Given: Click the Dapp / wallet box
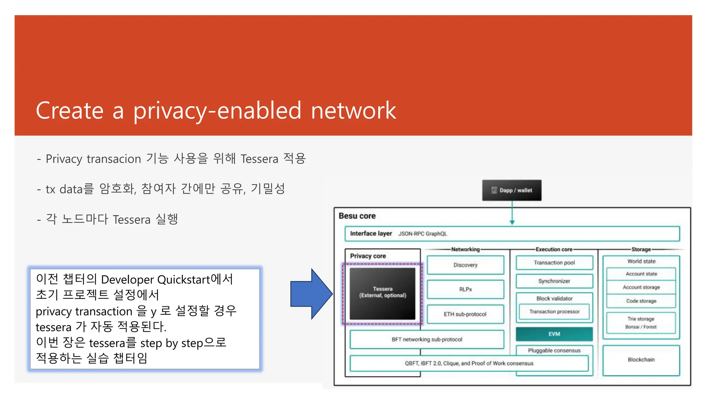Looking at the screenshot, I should pos(512,190).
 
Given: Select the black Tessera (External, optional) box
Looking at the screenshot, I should pos(382,293).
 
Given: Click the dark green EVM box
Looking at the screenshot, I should pos(554,334).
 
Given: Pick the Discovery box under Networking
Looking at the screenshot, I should pos(465,265).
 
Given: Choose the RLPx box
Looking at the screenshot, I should pos(465,289).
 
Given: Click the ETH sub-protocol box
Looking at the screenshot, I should pos(465,314).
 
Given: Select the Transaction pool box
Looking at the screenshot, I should pos(554,263).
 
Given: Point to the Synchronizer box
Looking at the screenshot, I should pos(554,281).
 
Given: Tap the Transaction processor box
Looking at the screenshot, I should pos(554,311).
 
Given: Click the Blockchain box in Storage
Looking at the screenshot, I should pos(641,360).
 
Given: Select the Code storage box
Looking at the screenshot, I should pos(641,301).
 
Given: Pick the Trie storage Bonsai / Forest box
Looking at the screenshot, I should pos(641,323).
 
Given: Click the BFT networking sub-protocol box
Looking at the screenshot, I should pos(427,339).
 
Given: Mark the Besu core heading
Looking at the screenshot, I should pos(357,216).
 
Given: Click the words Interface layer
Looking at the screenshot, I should pos(371,234).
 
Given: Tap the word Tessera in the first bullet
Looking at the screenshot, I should pos(259,159).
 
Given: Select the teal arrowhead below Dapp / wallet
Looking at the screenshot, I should pos(512,222).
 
